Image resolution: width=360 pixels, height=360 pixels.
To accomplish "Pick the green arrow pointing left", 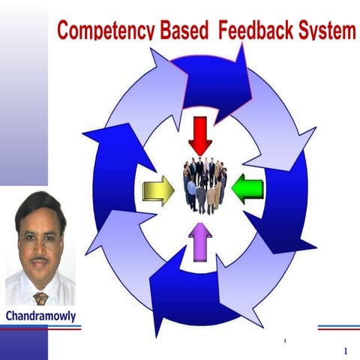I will [247, 188].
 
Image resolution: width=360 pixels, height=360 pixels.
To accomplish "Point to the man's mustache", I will [40, 262].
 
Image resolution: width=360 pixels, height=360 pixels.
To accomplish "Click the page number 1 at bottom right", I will [345, 351].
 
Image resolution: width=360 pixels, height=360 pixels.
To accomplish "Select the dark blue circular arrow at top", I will [214, 75].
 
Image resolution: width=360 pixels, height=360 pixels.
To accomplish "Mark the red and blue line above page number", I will [337, 328].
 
